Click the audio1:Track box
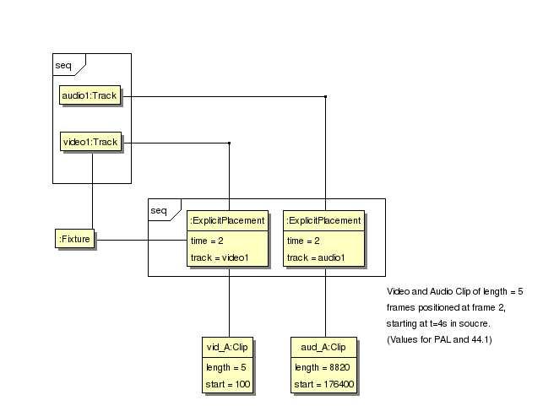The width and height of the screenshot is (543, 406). point(90,96)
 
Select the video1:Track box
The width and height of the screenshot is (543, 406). point(90,142)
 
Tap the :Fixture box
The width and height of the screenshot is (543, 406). point(74,240)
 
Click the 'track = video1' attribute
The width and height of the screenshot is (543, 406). point(220,257)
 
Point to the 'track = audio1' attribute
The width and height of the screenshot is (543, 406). point(316,257)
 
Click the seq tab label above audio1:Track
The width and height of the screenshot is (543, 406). point(63,63)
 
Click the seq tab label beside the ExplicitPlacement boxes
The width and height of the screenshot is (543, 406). point(159,209)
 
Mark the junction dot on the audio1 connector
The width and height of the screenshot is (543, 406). point(326,97)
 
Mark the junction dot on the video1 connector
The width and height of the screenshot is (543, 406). point(230,143)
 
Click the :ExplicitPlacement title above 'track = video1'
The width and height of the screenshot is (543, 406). point(228,221)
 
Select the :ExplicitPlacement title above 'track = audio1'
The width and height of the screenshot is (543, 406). point(324,221)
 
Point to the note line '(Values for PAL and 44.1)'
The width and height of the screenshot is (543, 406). point(440,339)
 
